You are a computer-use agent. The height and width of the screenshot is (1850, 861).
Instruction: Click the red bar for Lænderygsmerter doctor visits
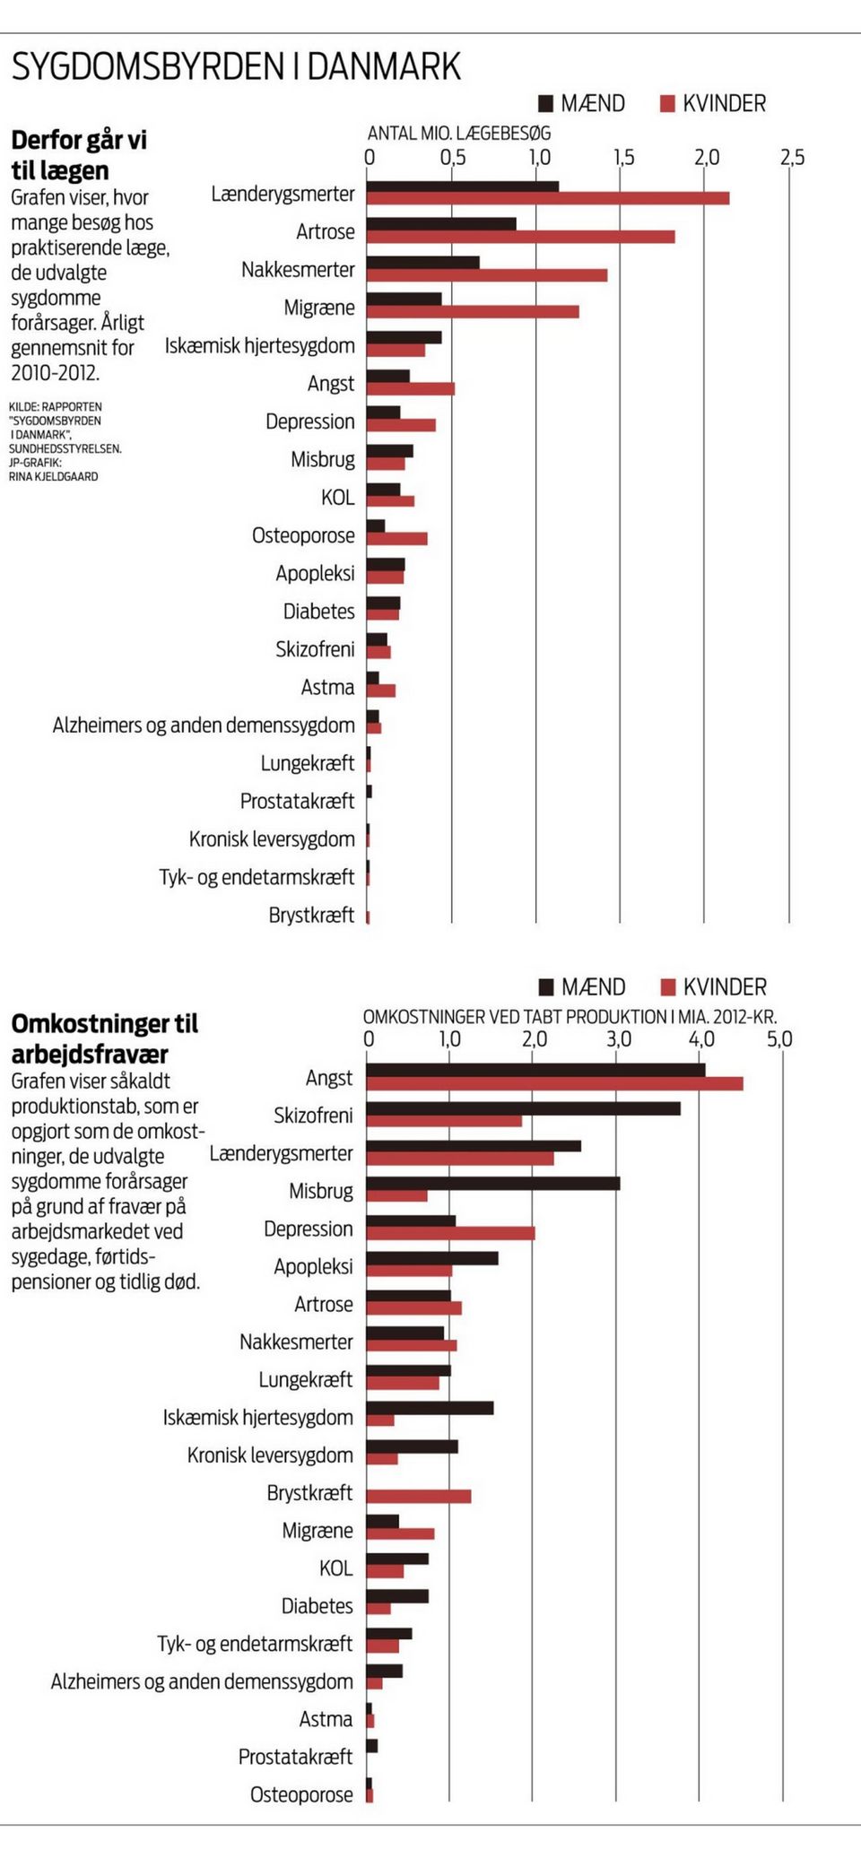click(548, 198)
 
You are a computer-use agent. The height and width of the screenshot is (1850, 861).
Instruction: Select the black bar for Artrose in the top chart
click(441, 223)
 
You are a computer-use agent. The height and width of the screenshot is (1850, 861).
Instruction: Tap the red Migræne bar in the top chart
click(473, 312)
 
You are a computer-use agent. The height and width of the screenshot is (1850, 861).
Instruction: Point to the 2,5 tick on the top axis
click(792, 158)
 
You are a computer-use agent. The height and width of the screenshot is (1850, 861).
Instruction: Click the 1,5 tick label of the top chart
click(622, 158)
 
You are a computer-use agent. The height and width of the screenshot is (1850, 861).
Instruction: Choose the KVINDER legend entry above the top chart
click(713, 104)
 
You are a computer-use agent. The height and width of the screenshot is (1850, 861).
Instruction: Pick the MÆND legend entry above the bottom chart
click(581, 987)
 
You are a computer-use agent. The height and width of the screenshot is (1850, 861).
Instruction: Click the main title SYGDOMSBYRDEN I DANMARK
click(236, 67)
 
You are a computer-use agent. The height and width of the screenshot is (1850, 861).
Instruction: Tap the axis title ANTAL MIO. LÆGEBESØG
click(459, 133)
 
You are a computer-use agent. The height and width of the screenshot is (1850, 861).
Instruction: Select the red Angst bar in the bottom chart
click(555, 1083)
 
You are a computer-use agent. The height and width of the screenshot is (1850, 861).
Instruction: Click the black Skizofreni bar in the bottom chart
click(524, 1108)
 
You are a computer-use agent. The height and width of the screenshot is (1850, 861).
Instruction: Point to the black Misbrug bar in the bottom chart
click(493, 1184)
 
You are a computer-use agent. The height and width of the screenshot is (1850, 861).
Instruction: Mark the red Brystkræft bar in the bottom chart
click(419, 1496)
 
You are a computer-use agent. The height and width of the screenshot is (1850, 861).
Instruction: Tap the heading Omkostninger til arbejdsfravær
click(104, 1038)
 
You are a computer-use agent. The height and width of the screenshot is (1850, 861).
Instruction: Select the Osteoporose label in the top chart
click(303, 535)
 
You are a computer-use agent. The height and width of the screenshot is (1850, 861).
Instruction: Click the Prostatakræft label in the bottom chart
click(295, 1757)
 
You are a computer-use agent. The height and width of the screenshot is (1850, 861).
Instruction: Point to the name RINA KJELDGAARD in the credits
click(54, 476)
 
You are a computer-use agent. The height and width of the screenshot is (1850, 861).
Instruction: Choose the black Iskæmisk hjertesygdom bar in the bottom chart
click(430, 1408)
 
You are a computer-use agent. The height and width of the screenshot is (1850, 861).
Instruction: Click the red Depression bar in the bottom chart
click(451, 1234)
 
